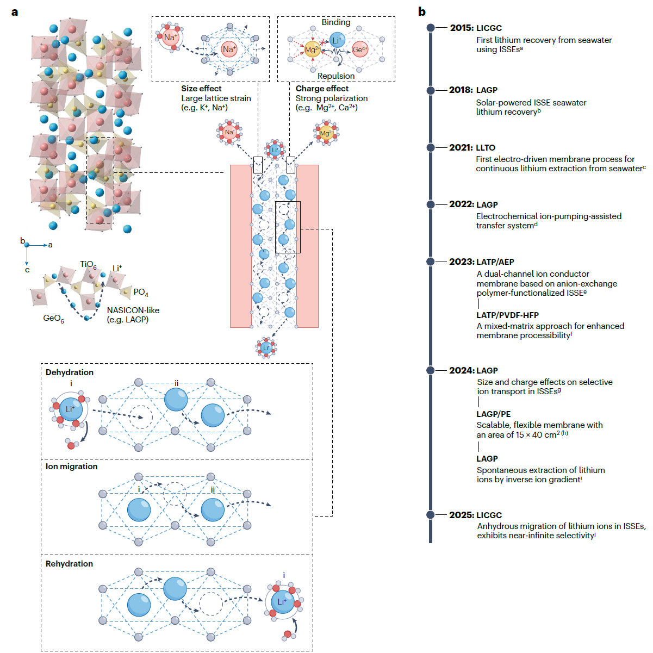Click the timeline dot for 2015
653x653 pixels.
431,28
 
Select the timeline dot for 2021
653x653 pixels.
431,147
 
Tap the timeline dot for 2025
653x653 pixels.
431,515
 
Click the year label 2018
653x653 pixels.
461,90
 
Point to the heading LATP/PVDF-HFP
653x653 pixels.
508,315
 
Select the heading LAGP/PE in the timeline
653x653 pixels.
494,414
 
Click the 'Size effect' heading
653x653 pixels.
201,89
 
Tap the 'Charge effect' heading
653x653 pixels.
322,89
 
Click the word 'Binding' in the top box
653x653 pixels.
336,22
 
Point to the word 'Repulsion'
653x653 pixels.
336,76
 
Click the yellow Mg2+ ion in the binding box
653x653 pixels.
312,49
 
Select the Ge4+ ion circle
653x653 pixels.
360,49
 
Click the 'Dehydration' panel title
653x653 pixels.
70,372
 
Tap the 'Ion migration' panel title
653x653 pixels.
72,467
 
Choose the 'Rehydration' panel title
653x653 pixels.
69,564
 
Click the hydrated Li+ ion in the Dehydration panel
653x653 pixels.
70,409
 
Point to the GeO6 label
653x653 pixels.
53,318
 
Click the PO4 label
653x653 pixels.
141,293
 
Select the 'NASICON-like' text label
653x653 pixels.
133,310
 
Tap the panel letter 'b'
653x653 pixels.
422,12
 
